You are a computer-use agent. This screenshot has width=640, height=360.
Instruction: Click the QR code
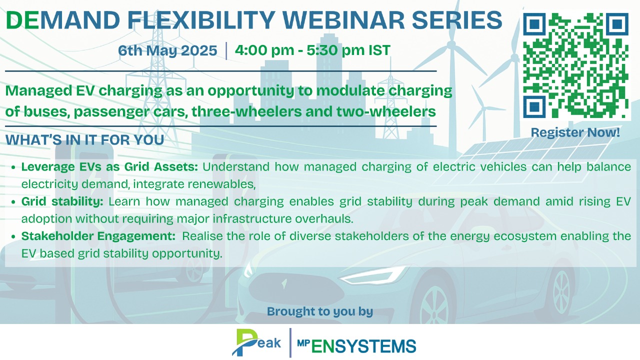(x=575, y=65)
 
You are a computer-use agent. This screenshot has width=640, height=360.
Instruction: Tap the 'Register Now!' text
(x=575, y=132)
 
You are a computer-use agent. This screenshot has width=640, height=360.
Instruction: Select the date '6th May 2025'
(x=167, y=50)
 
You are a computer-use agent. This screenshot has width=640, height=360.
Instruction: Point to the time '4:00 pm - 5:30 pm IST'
(x=312, y=50)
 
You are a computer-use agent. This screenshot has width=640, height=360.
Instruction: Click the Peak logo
(x=256, y=342)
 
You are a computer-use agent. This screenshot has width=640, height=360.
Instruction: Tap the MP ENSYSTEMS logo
(x=356, y=345)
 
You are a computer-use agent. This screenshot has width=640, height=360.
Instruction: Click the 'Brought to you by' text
(x=320, y=311)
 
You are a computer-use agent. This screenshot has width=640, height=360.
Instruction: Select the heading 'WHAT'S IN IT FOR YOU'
(x=84, y=139)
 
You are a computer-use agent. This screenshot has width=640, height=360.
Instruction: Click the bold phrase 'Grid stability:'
(x=62, y=201)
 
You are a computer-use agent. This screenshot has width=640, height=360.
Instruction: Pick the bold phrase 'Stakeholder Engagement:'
(x=98, y=236)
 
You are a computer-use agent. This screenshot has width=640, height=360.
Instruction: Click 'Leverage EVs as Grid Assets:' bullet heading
(x=109, y=166)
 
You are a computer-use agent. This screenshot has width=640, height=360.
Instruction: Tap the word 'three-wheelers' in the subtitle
(x=246, y=111)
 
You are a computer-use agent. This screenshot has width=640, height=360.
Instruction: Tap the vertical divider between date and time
(x=226, y=51)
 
